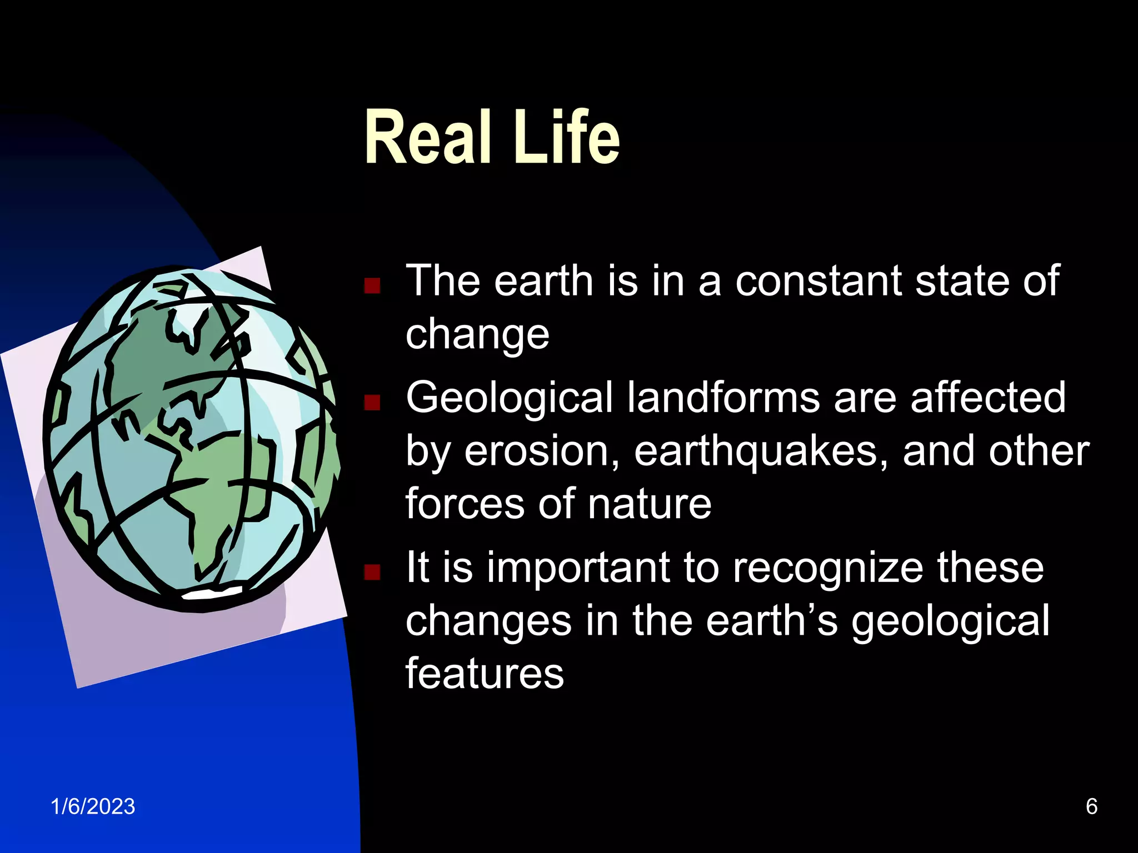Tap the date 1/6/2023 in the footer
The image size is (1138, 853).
(93, 806)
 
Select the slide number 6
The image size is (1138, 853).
(1091, 806)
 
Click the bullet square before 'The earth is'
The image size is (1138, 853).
(372, 285)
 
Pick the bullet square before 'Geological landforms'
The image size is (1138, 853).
(372, 402)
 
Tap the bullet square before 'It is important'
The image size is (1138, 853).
(372, 572)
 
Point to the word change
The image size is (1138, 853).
(477, 335)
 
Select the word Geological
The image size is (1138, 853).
(509, 398)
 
